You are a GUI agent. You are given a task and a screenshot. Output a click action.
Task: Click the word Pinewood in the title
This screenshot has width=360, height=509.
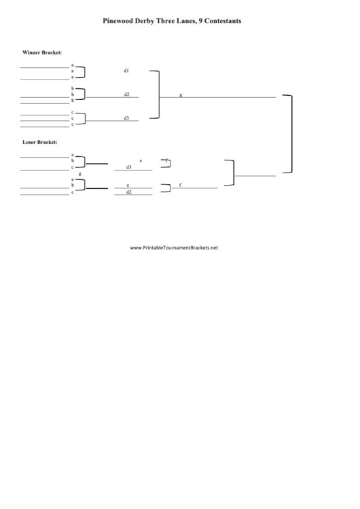coord(119,21)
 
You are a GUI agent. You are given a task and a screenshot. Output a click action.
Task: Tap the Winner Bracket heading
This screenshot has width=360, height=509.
coord(42,52)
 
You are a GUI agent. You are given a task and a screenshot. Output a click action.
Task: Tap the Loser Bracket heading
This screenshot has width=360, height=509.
coord(39,142)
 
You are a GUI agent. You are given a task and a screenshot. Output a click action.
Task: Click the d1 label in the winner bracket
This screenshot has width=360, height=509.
coord(126,71)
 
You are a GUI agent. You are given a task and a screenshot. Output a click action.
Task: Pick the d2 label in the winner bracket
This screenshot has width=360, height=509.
coord(126,94)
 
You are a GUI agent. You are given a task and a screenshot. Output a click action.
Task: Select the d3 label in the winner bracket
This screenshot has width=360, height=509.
coord(126,118)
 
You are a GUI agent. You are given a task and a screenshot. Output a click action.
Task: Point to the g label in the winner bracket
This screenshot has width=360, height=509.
coord(181,94)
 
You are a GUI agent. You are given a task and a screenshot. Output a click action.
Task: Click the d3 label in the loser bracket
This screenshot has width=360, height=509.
coord(128,166)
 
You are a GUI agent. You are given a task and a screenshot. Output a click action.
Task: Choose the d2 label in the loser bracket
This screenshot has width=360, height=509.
coord(128,192)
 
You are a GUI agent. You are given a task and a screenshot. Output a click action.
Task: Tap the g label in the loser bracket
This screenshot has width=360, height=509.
coord(80,174)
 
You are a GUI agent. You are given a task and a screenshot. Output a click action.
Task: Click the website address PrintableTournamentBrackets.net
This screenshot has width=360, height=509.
coord(174,247)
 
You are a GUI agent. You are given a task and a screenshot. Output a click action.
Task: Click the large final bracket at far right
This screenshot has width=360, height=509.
coord(291,134)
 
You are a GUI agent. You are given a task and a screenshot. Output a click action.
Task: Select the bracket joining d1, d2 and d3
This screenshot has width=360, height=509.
coord(158,94)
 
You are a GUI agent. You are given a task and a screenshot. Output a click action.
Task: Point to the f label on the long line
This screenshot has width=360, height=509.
coord(180,185)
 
